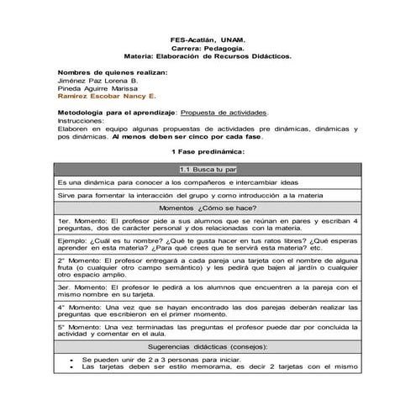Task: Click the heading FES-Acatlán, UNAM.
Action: pos(208,39)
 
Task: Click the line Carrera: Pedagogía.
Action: pos(208,49)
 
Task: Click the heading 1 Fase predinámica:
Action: pos(207,151)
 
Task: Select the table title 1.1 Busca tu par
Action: pos(207,169)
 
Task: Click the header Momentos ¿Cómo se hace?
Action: pos(207,207)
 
